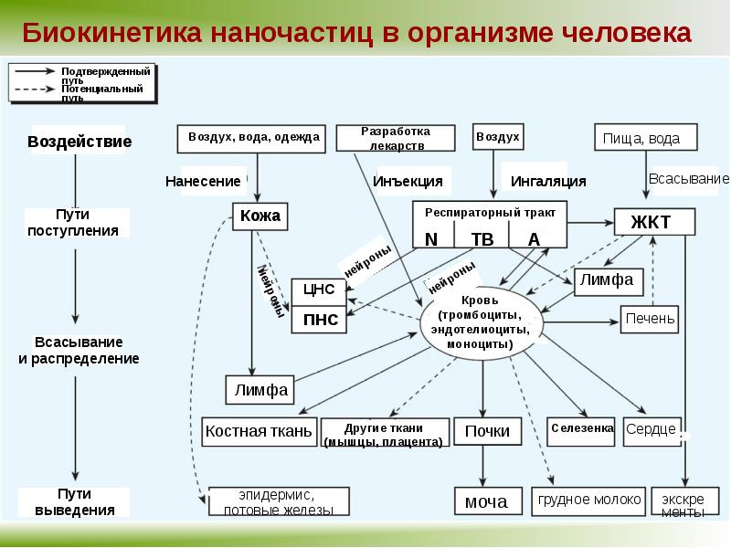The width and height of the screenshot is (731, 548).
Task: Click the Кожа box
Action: tap(260, 216)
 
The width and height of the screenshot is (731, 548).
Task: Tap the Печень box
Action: tap(651, 319)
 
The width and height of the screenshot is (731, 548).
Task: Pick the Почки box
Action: tap(487, 431)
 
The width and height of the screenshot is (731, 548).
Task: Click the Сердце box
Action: tap(652, 429)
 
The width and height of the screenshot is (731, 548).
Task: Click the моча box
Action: tap(487, 501)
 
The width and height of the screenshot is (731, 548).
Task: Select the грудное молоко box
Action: tap(589, 501)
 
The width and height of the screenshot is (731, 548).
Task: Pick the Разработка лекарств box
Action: tap(397, 138)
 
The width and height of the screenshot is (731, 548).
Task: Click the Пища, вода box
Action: tap(649, 138)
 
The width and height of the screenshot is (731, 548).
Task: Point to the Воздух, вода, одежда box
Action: tap(253, 137)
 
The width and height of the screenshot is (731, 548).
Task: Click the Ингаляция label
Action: tap(547, 181)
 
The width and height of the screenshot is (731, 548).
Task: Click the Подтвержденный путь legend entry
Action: tap(105, 73)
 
